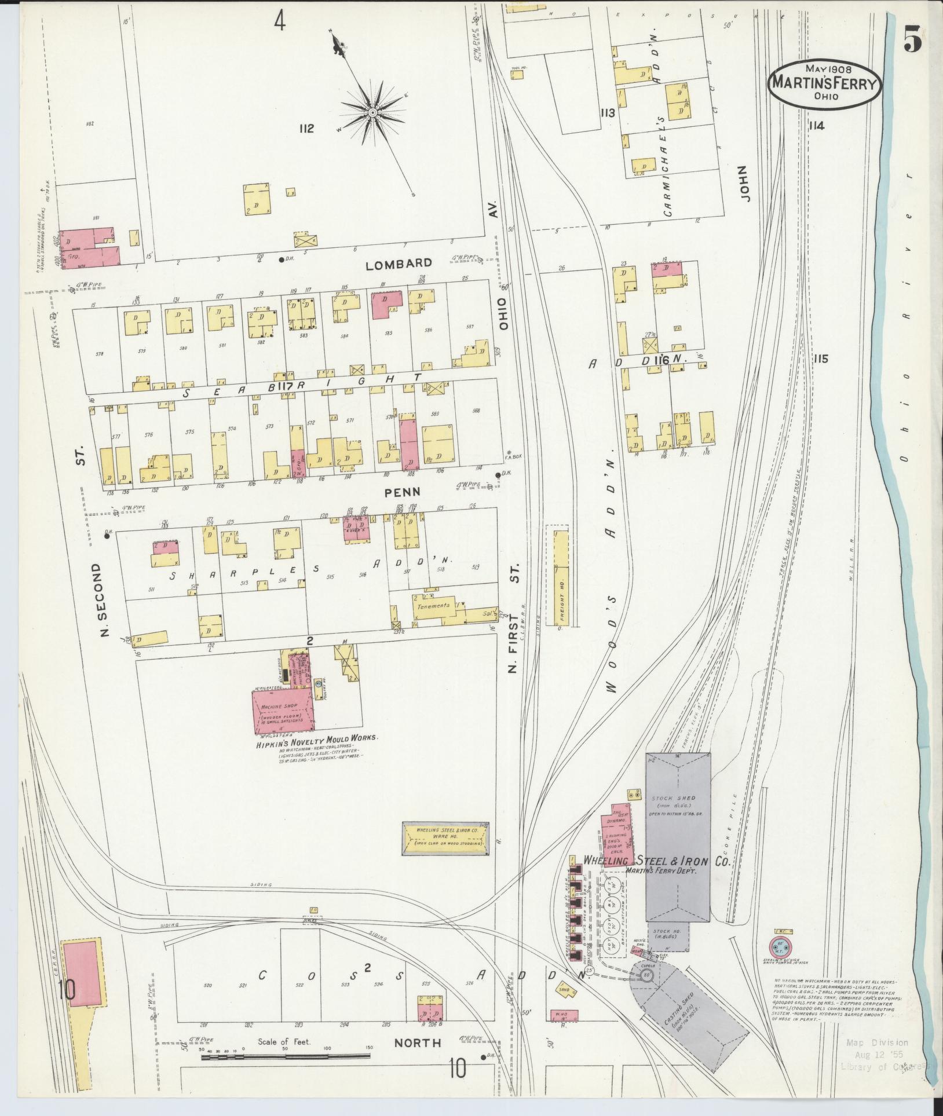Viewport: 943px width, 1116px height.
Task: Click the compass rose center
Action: pyautogui.click(x=372, y=112)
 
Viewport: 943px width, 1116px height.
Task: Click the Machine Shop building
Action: pyautogui.click(x=282, y=710)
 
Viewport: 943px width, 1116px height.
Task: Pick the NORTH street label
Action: pyautogui.click(x=417, y=1043)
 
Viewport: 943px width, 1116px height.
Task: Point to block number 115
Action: pyautogui.click(x=820, y=359)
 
